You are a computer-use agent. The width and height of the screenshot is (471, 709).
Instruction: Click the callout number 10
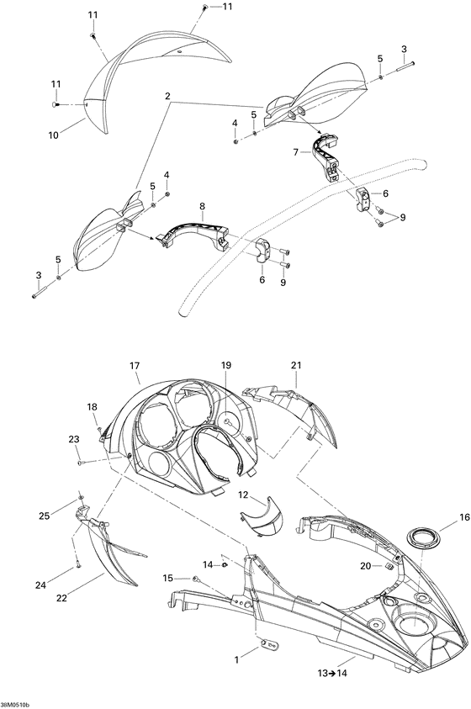pos(53,135)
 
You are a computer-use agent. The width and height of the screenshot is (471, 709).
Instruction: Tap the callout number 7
pos(295,152)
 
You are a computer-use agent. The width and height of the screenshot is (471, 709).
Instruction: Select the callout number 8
pos(202,206)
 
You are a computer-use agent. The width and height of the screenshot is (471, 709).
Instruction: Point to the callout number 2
pos(167,96)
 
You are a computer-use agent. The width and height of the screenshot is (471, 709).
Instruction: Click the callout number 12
pos(244,495)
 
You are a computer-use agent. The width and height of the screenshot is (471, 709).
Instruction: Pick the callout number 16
pos(464,517)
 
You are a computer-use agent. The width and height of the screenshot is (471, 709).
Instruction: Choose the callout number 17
pos(135,366)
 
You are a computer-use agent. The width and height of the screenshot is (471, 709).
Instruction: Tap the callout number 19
pos(225,365)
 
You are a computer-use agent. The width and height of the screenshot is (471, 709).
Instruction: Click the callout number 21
pos(296,365)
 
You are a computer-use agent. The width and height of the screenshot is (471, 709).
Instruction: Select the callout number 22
pos(61,598)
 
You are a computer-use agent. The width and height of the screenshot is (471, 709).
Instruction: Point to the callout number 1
pos(236,660)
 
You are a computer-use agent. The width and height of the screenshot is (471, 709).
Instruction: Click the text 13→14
pos(332,673)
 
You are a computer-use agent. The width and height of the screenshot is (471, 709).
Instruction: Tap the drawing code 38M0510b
pos(15,706)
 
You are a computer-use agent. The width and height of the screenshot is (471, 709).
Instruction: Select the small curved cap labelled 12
pos(262,516)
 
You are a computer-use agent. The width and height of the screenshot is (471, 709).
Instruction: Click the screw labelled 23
pos(82,462)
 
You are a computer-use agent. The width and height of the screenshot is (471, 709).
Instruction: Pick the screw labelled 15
pos(196,578)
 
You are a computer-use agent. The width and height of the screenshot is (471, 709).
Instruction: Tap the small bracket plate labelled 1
pos(269,643)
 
